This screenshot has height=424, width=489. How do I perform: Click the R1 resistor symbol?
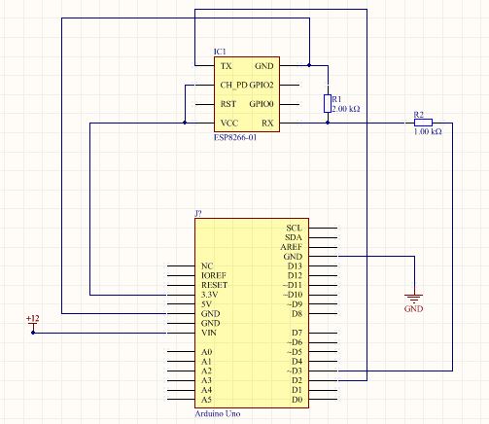328,104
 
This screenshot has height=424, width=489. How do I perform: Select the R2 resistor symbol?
423,123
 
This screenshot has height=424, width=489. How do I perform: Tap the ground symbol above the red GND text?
414,299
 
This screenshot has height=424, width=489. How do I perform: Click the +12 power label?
33,318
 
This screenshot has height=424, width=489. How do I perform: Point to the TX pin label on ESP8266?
227,66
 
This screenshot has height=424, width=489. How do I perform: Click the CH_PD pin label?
233,85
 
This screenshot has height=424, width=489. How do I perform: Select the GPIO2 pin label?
262,85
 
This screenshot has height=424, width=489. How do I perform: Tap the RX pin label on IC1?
267,124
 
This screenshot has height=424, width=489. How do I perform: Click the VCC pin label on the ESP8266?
229,124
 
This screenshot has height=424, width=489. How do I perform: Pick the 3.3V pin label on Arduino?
210,295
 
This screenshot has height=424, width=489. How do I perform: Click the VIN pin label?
209,333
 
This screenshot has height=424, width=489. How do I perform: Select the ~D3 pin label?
295,371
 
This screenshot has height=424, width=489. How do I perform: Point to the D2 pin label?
297,380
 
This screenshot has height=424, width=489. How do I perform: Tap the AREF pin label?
292,247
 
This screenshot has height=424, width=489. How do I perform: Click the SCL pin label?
295,228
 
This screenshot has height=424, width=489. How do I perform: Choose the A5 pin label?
206,400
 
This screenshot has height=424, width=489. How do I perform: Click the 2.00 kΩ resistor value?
346,109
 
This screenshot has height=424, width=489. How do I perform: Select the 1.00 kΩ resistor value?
428,131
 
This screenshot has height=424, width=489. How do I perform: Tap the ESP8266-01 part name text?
235,137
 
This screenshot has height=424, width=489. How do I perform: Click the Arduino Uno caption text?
218,413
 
